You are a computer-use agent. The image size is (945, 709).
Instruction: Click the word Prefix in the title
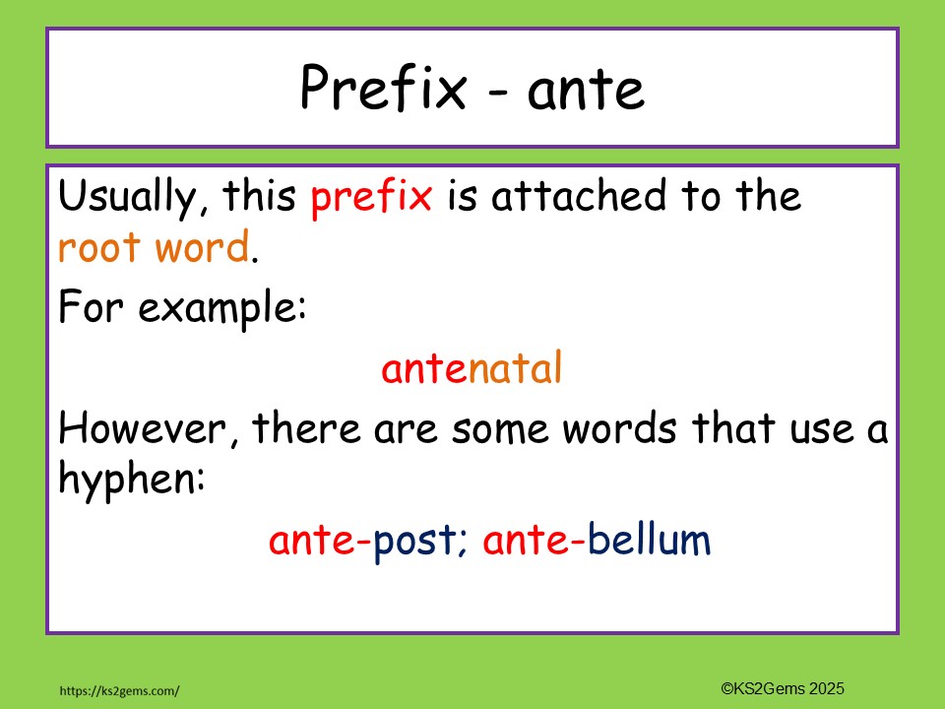383,89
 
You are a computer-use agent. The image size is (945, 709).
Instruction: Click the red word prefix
371,198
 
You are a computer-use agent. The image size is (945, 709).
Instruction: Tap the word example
222,310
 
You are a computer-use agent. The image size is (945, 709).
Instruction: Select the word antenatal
472,369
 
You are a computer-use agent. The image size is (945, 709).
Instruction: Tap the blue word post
413,542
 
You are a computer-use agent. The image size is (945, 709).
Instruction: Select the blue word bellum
649,541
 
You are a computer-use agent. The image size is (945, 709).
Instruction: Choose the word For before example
93,309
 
